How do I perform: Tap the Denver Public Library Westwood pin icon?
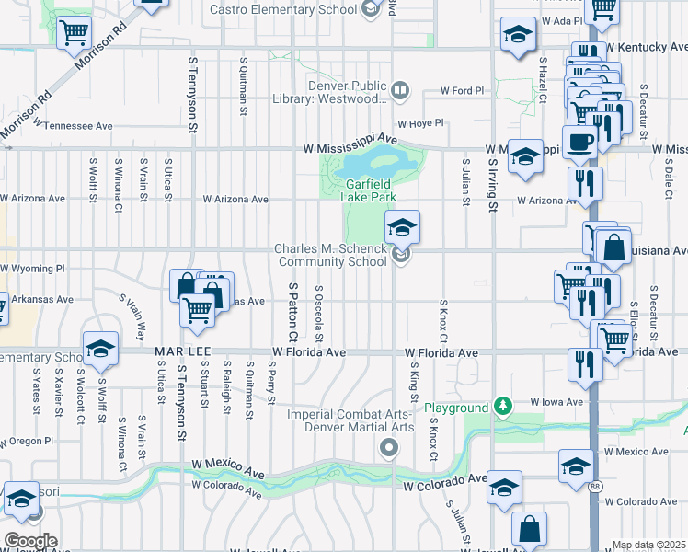pyautogui.click(x=400, y=90)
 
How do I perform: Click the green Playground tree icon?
pyautogui.click(x=501, y=406)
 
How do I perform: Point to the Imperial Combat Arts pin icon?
pyautogui.click(x=389, y=448)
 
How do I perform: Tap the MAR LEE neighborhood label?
pyautogui.click(x=178, y=352)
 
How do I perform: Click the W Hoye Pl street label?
pyautogui.click(x=420, y=122)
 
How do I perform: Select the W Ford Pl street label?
pyautogui.click(x=462, y=91)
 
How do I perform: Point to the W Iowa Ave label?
pyautogui.click(x=557, y=402)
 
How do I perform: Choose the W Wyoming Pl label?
pyautogui.click(x=33, y=269)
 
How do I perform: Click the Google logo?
pyautogui.click(x=30, y=541)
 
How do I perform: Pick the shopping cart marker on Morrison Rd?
pyautogui.click(x=74, y=34)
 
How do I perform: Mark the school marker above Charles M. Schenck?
pyautogui.click(x=402, y=226)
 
